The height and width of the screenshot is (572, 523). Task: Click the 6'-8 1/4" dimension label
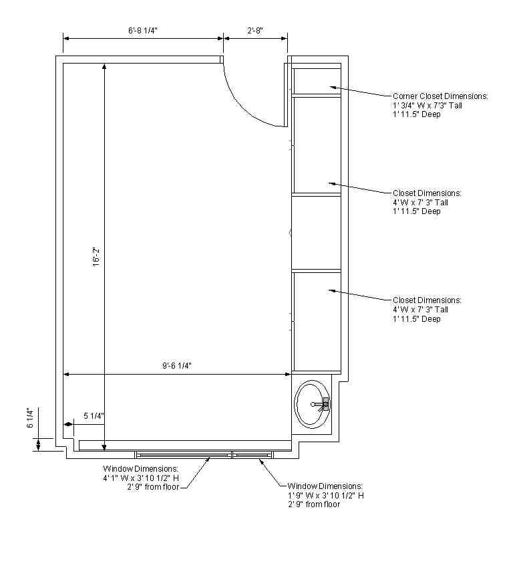(x=143, y=31)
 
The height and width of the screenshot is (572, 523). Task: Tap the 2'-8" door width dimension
(x=255, y=31)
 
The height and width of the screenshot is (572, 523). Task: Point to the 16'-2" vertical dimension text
(x=96, y=257)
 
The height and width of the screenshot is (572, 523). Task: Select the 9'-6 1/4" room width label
(x=177, y=365)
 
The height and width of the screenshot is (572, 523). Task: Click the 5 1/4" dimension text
(x=94, y=416)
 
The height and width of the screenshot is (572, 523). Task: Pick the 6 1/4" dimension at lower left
(x=30, y=417)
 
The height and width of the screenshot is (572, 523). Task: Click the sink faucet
(x=321, y=404)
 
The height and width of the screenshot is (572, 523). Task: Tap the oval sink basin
(x=312, y=404)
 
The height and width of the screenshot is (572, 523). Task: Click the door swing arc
(x=244, y=106)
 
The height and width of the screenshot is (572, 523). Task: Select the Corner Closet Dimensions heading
(x=440, y=96)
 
